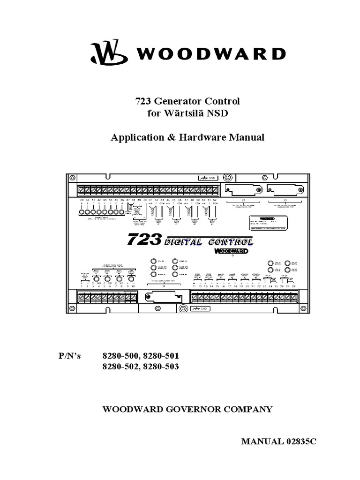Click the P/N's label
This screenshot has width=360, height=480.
69,356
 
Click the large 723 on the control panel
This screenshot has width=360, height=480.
144,239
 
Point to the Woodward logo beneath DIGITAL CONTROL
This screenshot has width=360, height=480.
231,251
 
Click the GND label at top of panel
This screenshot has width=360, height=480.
209,178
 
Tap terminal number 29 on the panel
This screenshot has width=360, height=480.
82,200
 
